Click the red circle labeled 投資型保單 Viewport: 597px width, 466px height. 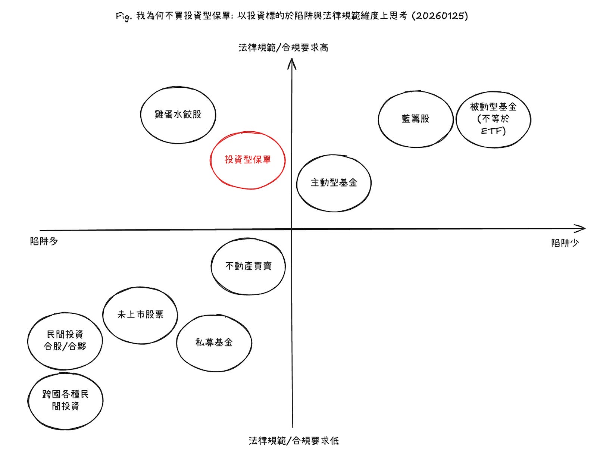coord(248,160)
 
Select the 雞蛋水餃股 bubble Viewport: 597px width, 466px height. coord(178,115)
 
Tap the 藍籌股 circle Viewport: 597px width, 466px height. coord(415,119)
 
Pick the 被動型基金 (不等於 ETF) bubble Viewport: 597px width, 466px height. coord(493,119)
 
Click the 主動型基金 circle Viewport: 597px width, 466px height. coord(334,183)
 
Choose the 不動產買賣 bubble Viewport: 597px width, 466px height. coord(248,266)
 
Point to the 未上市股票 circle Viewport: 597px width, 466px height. coord(140,315)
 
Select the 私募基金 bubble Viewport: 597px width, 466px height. coord(214,343)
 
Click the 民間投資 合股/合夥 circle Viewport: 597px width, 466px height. coord(65,341)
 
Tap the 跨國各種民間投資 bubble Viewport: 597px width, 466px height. coord(65,400)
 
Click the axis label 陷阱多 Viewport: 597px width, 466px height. coord(44,241)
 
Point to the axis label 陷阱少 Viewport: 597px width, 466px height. coord(565,243)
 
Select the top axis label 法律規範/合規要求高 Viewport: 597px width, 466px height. coord(283,48)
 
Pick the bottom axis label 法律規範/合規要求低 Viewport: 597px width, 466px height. coord(294,441)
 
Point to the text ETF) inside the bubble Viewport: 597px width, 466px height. coord(493,131)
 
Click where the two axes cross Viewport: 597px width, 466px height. coord(292,229)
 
